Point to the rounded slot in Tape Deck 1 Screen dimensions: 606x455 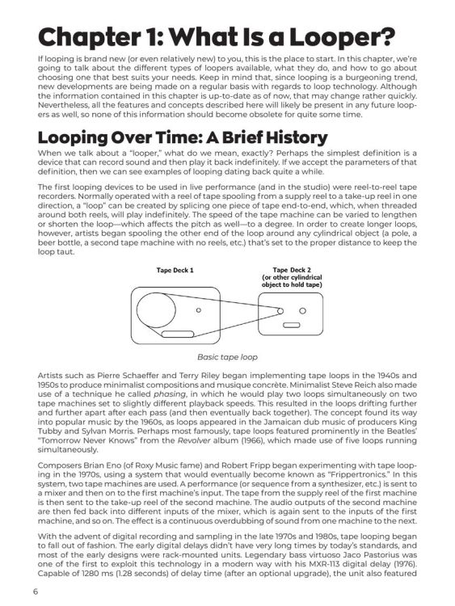pos(176,332)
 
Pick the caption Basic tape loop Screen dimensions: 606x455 pos(227,356)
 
